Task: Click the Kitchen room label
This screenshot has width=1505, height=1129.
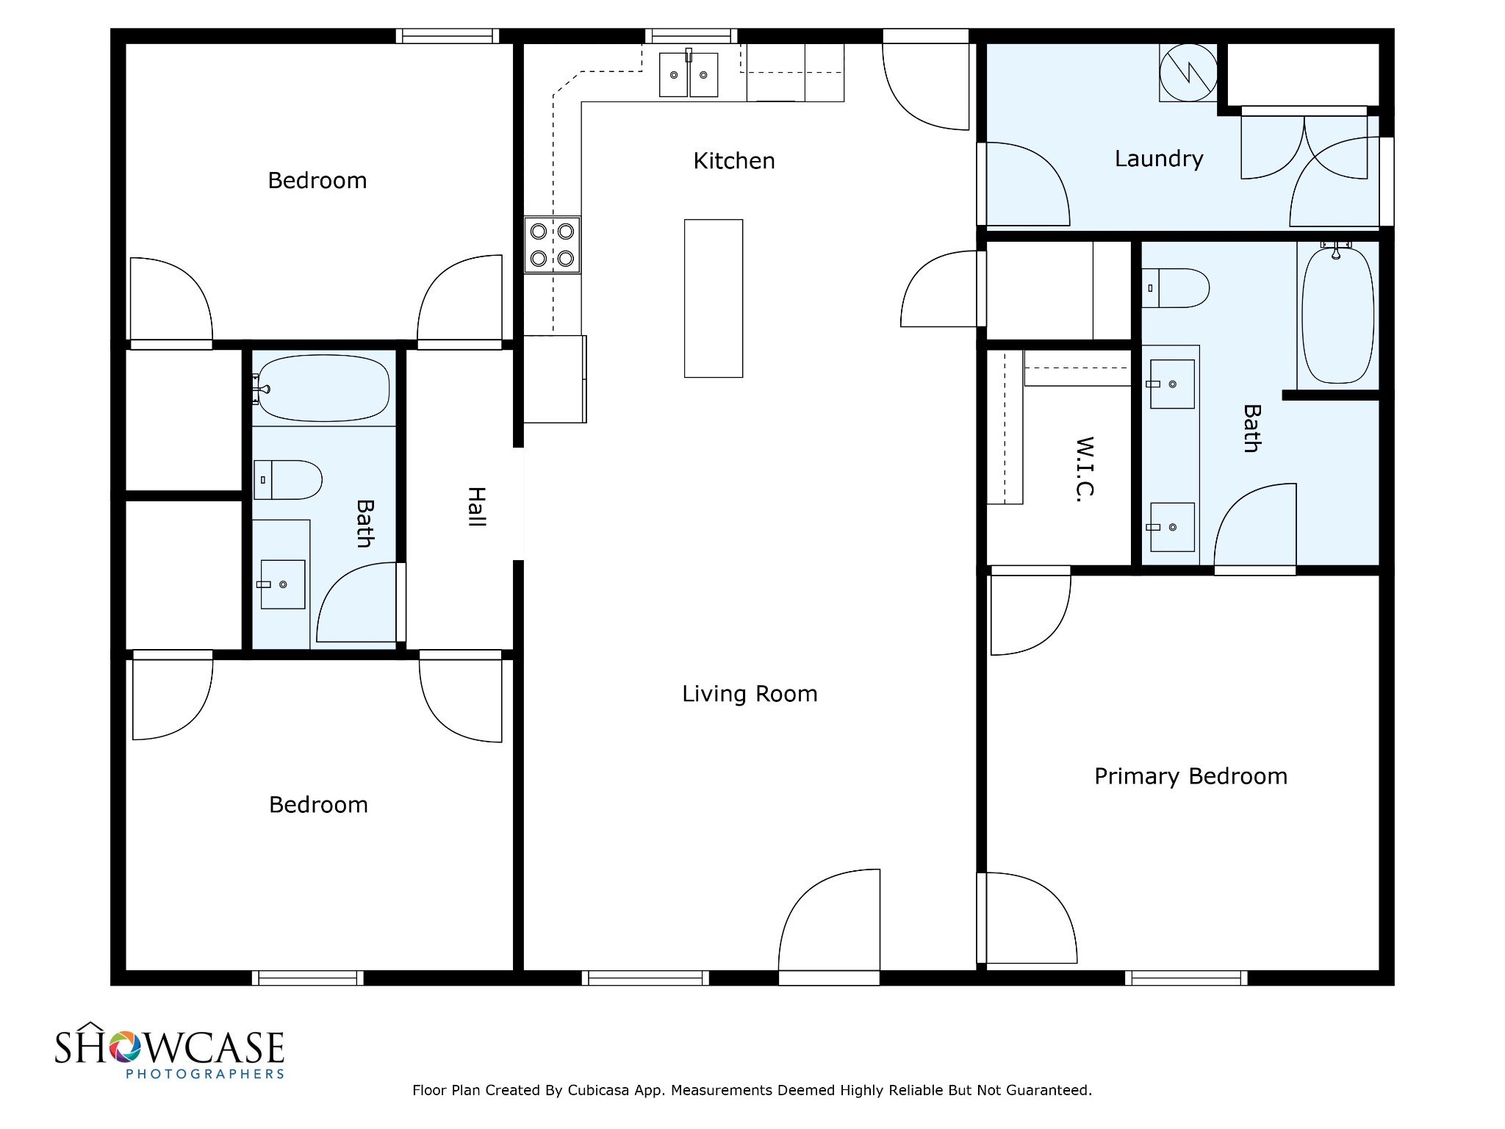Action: coord(734,161)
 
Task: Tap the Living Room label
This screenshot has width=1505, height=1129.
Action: coord(750,694)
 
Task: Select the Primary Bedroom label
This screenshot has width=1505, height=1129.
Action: coord(1190,776)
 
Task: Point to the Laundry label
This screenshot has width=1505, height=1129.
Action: coord(1159,159)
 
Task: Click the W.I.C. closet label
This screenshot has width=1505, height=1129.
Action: coord(1085,470)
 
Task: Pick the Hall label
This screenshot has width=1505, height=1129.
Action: coord(477,506)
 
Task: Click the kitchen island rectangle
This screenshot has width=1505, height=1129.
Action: coord(714,298)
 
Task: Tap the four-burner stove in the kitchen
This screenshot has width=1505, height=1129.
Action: coord(552,245)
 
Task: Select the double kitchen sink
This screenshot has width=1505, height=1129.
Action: coord(689,74)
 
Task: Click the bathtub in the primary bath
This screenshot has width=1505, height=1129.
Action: coord(1337,315)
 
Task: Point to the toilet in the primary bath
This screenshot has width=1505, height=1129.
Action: coord(1176,288)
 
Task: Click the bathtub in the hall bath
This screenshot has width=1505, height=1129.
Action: coord(323,388)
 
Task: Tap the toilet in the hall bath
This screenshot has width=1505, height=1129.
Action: coord(287,480)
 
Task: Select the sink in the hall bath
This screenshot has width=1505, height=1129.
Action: coord(283,584)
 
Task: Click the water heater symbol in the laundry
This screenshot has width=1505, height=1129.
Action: coord(1188,73)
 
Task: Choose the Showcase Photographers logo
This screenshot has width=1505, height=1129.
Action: coord(170,1051)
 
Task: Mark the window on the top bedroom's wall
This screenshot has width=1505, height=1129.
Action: coord(448,36)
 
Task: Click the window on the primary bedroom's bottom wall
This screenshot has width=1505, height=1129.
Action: coord(1186,978)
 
